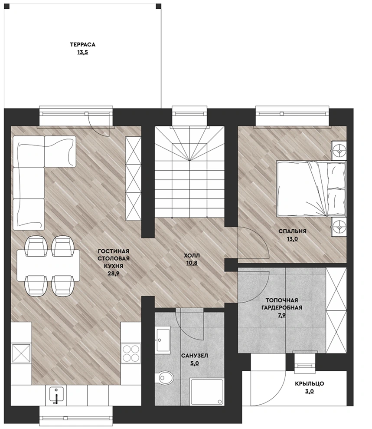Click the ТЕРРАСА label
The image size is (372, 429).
click(82, 44)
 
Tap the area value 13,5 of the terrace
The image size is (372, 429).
click(82, 52)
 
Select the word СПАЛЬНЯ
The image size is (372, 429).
click(292, 231)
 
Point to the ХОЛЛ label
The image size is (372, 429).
click(192, 256)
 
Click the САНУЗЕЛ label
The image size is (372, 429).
click(195, 356)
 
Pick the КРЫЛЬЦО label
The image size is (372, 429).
click(310, 383)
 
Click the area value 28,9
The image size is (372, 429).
click(113, 273)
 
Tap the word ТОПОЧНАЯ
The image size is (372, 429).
click(282, 300)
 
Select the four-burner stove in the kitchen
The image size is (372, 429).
click(131, 353)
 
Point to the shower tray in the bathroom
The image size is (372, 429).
click(206, 392)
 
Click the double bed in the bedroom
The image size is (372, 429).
click(311, 189)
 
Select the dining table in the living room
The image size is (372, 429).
click(49, 265)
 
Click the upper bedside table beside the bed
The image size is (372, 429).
click(339, 151)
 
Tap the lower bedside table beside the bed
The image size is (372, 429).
click(339, 227)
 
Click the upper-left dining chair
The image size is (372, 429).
click(36, 246)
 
